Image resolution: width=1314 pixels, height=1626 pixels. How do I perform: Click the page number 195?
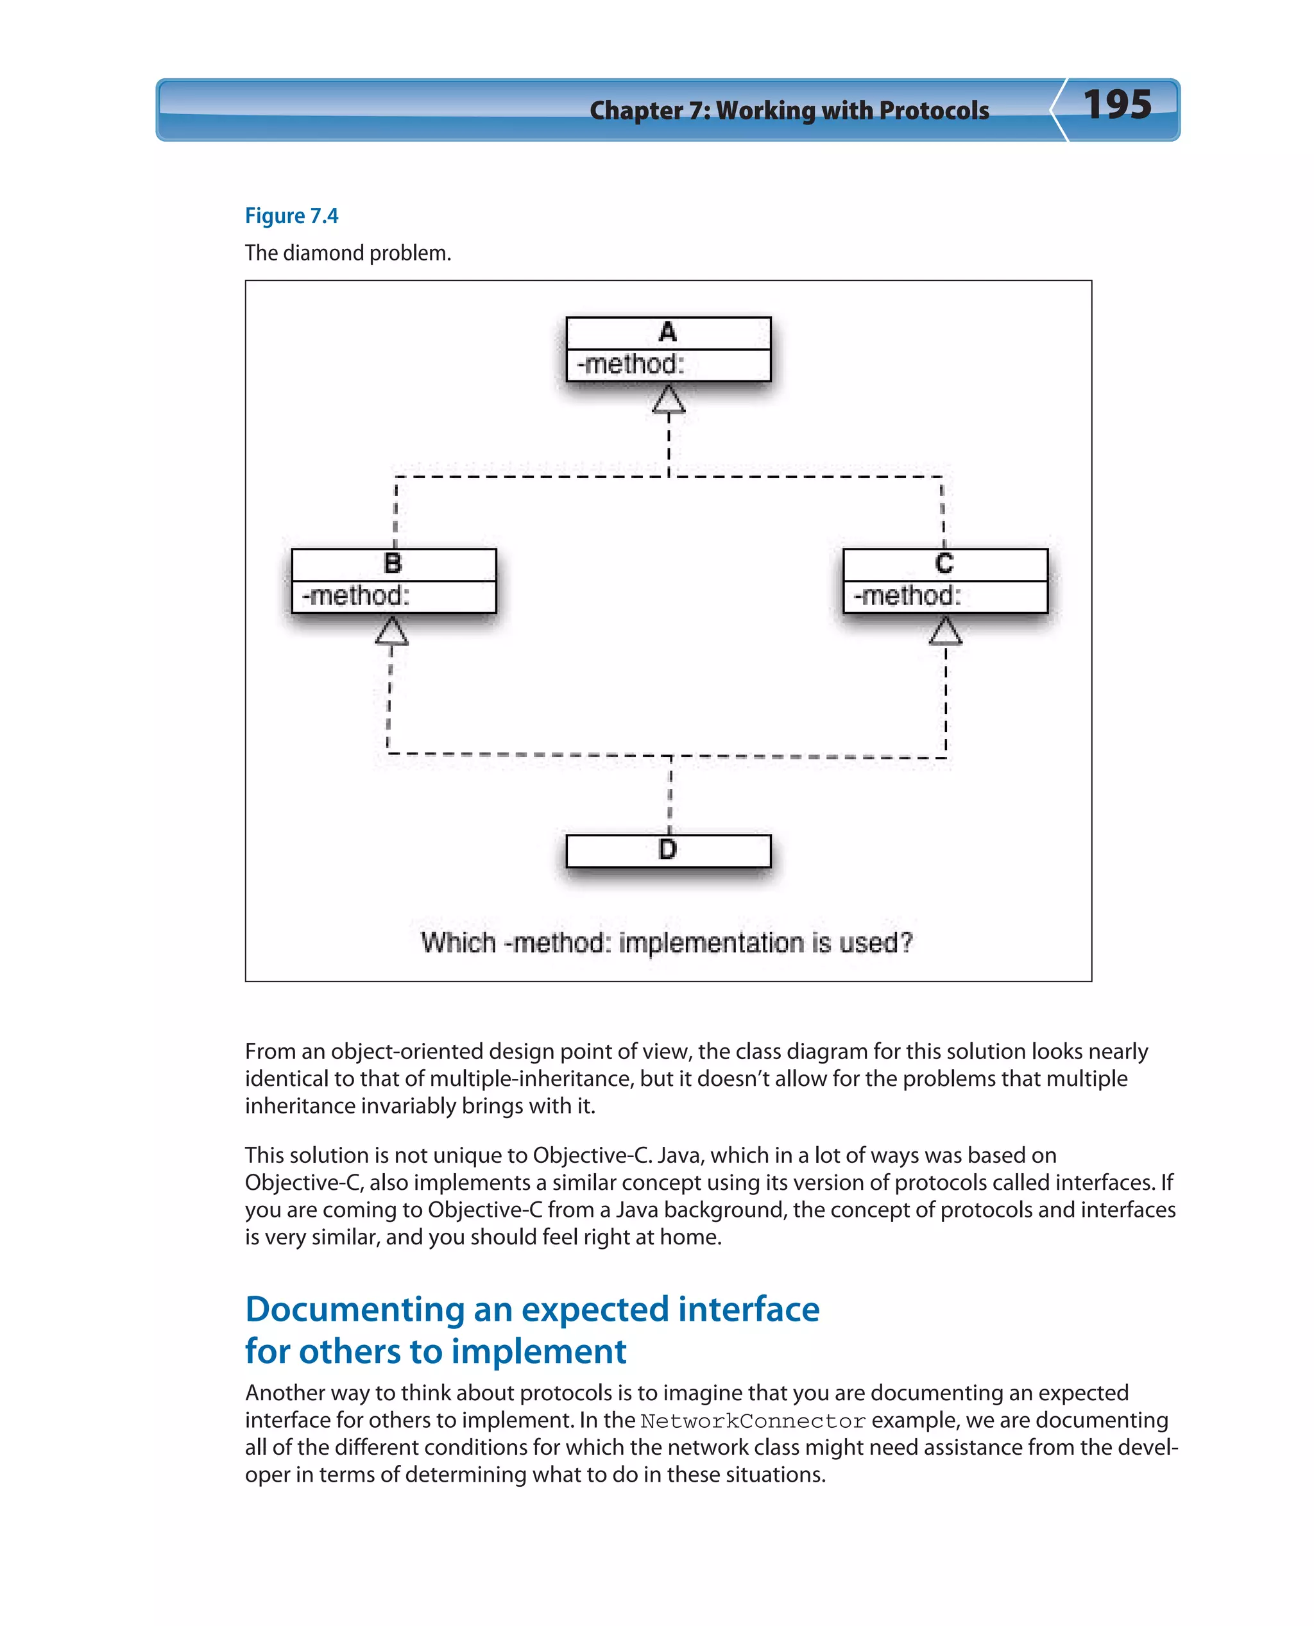[1116, 105]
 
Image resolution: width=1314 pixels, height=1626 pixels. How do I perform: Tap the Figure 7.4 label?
[291, 216]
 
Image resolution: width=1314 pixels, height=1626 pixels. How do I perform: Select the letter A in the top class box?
[668, 332]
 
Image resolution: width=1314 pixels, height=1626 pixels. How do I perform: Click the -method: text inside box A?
[631, 365]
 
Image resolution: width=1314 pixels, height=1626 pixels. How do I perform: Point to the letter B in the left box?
[393, 564]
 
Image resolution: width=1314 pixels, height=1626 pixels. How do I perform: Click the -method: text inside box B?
[355, 597]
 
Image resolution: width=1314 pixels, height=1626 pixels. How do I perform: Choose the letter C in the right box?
[944, 564]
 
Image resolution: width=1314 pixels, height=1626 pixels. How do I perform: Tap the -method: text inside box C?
[907, 597]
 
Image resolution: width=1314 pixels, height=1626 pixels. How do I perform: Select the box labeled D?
[668, 851]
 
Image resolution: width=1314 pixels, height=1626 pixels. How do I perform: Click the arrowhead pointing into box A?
[669, 400]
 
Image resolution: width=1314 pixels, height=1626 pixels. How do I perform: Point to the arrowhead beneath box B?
[391, 632]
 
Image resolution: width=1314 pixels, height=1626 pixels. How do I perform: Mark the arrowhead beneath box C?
[945, 632]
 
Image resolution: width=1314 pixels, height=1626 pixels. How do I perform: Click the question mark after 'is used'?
[906, 943]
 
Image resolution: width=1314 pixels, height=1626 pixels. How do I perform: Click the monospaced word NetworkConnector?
[753, 1421]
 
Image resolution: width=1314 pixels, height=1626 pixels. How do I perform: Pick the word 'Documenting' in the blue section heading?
[354, 1310]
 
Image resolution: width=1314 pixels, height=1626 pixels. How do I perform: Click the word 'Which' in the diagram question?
[459, 944]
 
